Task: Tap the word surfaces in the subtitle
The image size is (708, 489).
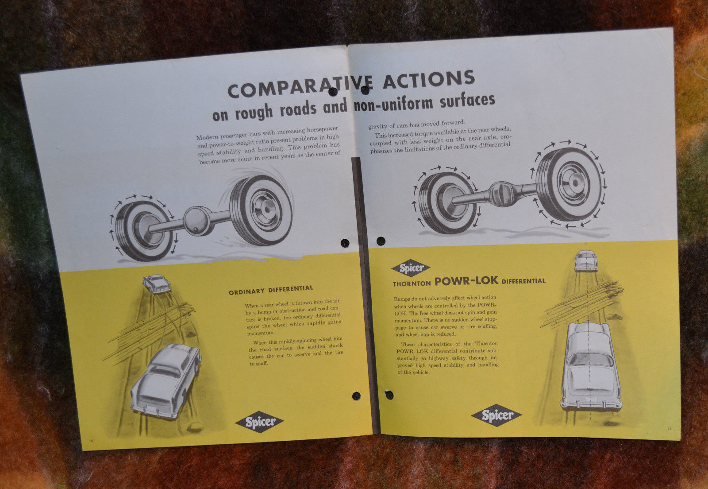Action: pyautogui.click(x=467, y=101)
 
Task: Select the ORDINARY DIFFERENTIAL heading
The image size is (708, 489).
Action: pyautogui.click(x=271, y=290)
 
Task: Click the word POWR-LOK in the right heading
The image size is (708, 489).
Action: pyautogui.click(x=466, y=280)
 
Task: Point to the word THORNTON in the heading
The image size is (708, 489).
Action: pyautogui.click(x=412, y=283)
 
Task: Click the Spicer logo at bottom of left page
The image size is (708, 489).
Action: pyautogui.click(x=260, y=422)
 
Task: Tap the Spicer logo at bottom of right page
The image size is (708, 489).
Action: pyautogui.click(x=496, y=415)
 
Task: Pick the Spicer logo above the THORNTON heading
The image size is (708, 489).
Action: pyautogui.click(x=411, y=268)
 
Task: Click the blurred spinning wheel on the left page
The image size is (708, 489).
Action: pyautogui.click(x=261, y=210)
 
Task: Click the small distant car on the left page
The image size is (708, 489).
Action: pyautogui.click(x=157, y=283)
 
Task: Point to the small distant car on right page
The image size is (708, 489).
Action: pyautogui.click(x=586, y=261)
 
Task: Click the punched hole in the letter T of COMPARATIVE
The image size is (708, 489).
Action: pyautogui.click(x=333, y=92)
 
